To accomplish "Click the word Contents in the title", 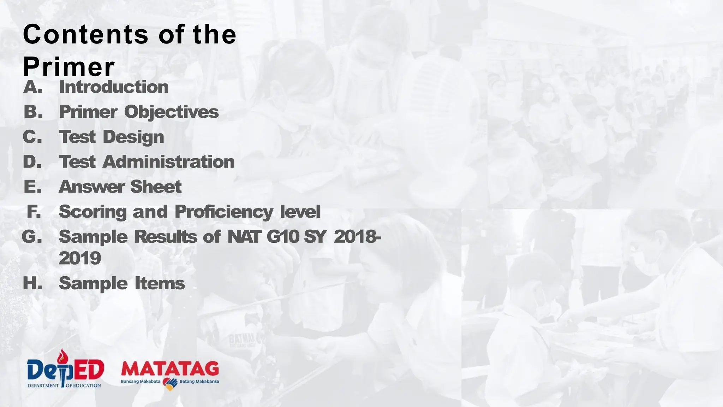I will coord(85,35).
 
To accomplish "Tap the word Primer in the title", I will coord(69,67).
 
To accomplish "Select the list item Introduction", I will coord(114,87).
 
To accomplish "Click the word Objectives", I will coord(171,112).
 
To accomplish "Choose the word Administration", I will coord(168,162).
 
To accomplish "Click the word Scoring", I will coord(93,212).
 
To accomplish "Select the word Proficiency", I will coord(223,212).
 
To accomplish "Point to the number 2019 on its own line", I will coord(80,258).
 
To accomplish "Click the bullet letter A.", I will coord(33,87).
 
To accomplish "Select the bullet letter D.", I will coord(32,162).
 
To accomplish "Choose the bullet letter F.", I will coord(34,212).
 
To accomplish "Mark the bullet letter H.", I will coord(33,283).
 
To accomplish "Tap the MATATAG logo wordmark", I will coord(170,369).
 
